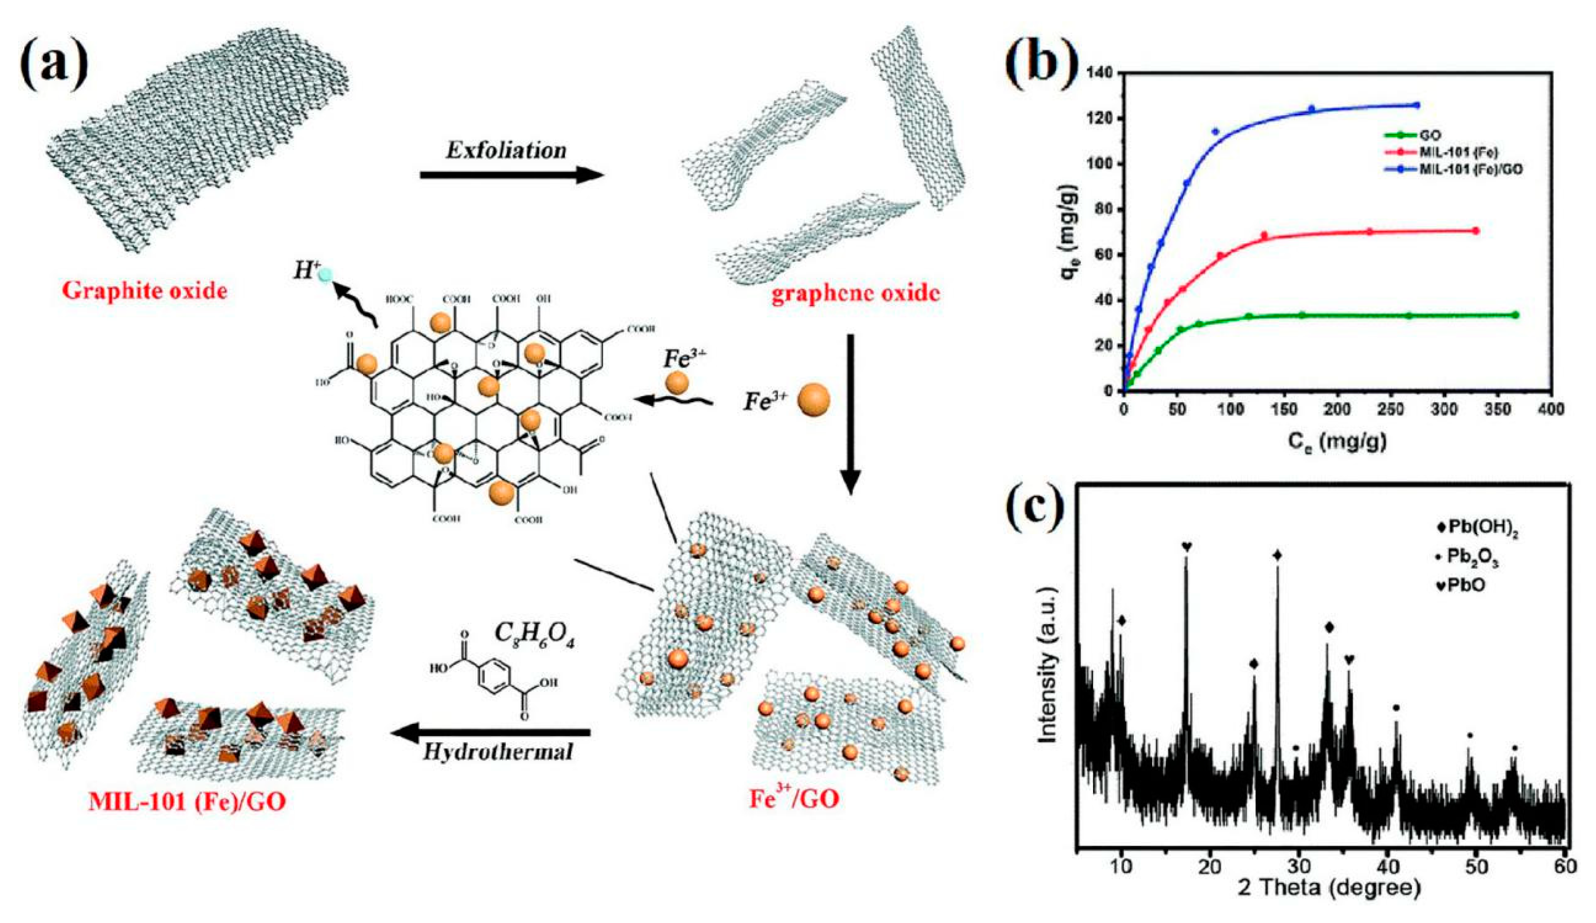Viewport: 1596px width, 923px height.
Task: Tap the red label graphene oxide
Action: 855,294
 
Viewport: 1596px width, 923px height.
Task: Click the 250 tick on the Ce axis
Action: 1445,409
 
